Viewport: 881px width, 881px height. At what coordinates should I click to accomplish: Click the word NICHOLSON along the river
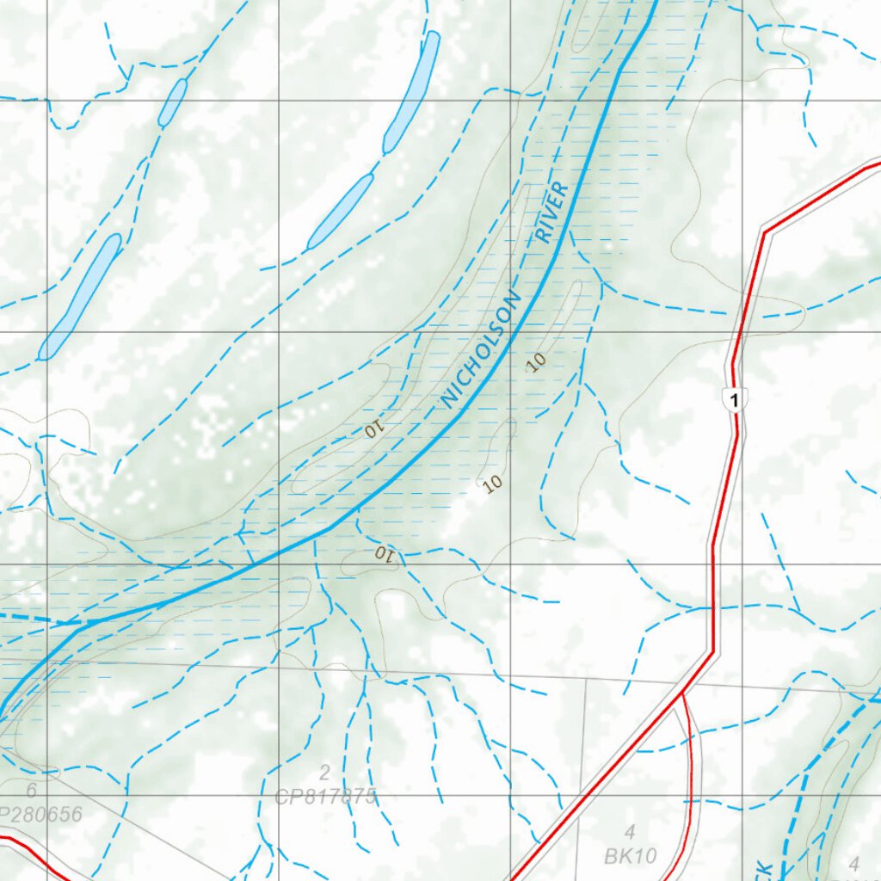pos(481,350)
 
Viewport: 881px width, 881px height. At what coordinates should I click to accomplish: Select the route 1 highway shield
pos(732,400)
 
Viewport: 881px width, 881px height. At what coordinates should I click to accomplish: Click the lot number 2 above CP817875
pos(324,772)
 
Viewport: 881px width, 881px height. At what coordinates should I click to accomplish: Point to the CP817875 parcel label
pos(326,797)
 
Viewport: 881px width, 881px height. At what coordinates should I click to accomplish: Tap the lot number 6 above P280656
pos(31,791)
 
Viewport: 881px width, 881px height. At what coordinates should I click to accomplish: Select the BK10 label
pos(631,856)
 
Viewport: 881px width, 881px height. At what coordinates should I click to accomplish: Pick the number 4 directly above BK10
pos(630,832)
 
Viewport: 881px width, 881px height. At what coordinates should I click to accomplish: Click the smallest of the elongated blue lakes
pos(173,102)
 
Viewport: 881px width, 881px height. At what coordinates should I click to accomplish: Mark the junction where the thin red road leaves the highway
pos(682,691)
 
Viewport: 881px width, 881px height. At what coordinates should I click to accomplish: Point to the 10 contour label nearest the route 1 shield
pos(537,362)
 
